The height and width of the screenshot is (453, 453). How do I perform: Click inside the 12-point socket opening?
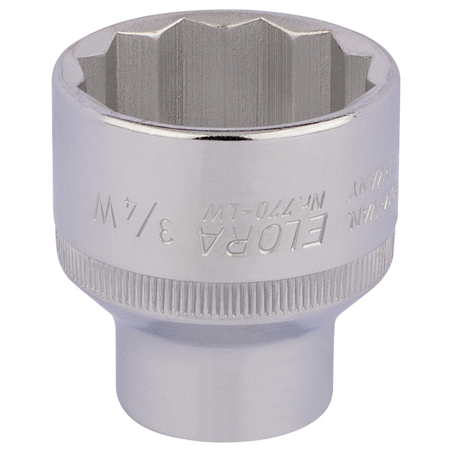(x=226, y=74)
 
